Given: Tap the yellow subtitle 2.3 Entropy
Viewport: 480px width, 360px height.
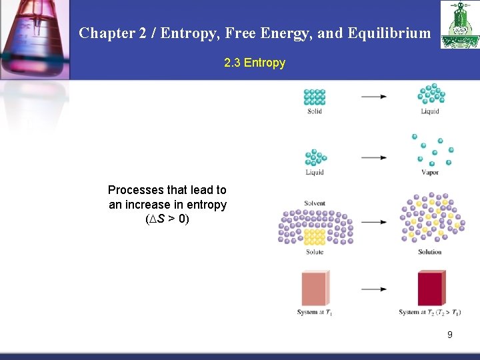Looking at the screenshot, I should (254, 63).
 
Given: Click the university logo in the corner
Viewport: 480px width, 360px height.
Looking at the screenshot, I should (459, 25).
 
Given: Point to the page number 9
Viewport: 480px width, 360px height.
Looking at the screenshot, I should (450, 335).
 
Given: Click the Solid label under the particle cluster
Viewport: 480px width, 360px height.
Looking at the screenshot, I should (315, 111).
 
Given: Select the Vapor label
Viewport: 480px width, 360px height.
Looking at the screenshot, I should (430, 172).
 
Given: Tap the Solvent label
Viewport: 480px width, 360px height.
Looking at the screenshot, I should (315, 203).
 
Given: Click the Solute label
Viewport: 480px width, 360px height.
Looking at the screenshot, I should (315, 252).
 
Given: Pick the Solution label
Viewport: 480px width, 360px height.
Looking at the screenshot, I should (430, 252).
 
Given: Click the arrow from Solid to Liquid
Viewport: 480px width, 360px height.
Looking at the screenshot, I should (374, 97).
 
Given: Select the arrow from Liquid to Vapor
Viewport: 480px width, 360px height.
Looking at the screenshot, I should (374, 158).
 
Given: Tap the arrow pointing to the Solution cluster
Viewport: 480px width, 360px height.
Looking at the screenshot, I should (374, 222).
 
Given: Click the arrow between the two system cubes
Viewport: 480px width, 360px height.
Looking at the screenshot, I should (374, 289).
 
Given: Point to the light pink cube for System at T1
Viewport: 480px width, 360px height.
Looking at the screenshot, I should (315, 288).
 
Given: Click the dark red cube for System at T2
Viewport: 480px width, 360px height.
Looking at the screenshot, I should (431, 288).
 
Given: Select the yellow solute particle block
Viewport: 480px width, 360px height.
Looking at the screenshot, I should (315, 237).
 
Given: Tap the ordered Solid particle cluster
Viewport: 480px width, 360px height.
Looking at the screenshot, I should (315, 96).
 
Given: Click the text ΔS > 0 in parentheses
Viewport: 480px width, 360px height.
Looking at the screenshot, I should (167, 219).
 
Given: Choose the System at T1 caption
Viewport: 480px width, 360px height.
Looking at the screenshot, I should (315, 312).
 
